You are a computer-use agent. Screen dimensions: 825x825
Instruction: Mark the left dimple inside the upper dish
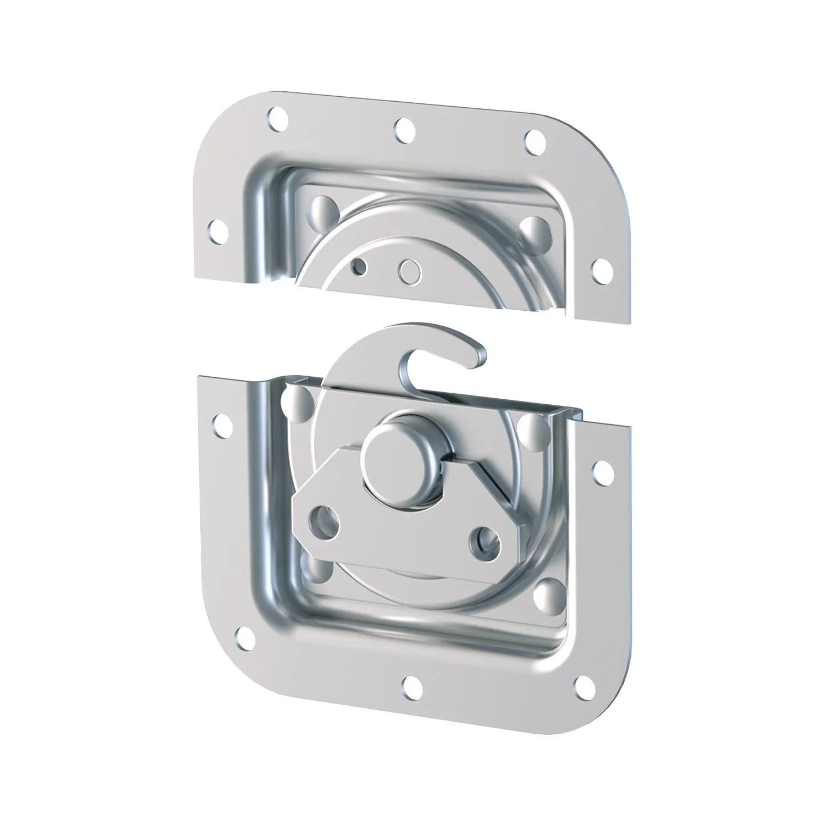[x=324, y=209]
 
